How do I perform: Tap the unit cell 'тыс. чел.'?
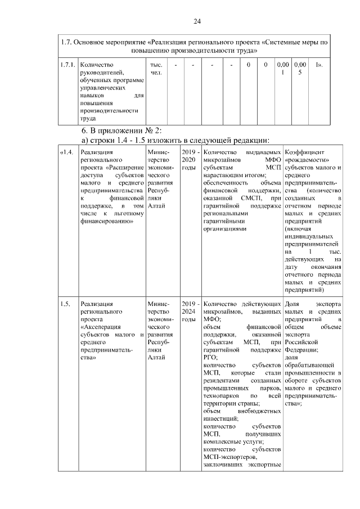point(157,69)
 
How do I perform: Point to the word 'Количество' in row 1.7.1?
point(97,65)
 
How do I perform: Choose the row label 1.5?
point(65,304)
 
